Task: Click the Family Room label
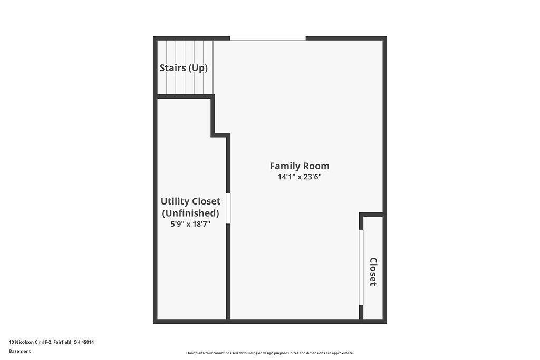(x=300, y=166)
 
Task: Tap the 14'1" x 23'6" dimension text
(x=300, y=177)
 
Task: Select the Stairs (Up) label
(x=184, y=68)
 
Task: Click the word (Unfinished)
(x=190, y=213)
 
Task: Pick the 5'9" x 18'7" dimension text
(x=190, y=224)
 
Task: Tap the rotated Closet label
(x=373, y=271)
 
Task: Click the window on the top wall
(x=268, y=38)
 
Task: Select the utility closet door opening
(x=228, y=209)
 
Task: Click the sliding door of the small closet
(x=361, y=267)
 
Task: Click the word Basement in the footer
(x=20, y=351)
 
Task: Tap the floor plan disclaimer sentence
(x=270, y=353)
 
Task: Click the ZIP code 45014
(x=88, y=342)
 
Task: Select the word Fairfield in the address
(x=63, y=342)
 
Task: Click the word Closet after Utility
(x=206, y=201)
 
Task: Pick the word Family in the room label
(x=284, y=166)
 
